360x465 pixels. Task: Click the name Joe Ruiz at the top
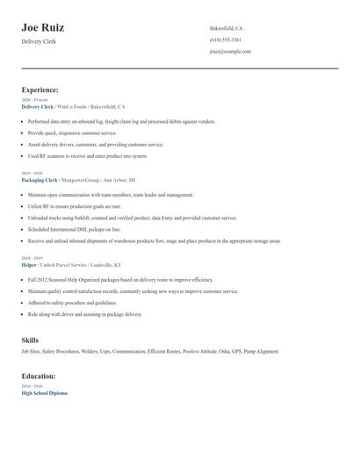click(x=42, y=28)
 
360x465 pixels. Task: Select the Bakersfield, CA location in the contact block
click(x=226, y=28)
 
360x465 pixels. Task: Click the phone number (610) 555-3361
click(x=226, y=39)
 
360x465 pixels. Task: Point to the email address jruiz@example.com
click(x=230, y=51)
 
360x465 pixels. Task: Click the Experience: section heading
click(x=40, y=89)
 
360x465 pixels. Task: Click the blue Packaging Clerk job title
click(x=39, y=179)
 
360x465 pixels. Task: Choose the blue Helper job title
click(x=29, y=264)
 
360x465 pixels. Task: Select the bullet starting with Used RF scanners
click(x=88, y=155)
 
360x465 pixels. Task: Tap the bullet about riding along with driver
click(x=84, y=313)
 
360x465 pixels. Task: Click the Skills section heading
click(x=30, y=339)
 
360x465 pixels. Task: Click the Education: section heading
click(x=39, y=376)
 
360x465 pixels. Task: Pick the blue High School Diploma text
click(x=44, y=393)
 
